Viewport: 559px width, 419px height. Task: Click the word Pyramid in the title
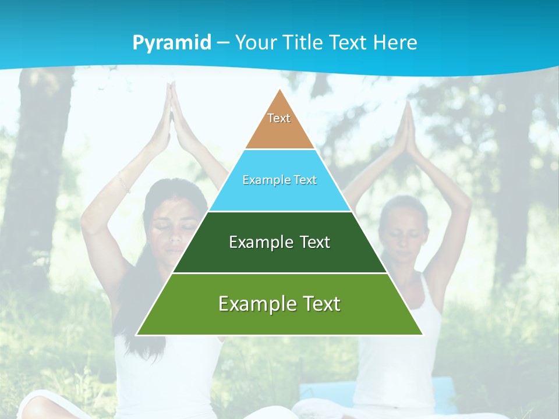pyautogui.click(x=172, y=43)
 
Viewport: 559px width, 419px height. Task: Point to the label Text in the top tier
pyautogui.click(x=279, y=118)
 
